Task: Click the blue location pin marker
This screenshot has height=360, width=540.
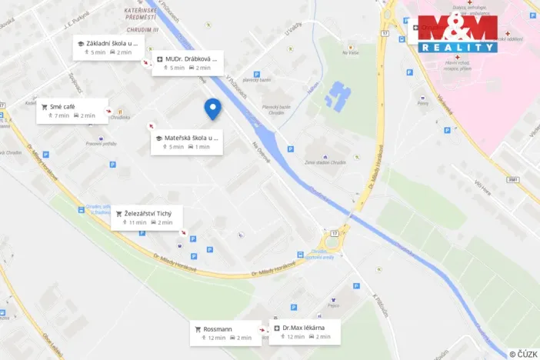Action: click(x=212, y=109)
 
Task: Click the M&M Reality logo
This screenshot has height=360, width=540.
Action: click(x=458, y=33)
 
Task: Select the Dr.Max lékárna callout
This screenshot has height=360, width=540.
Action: click(x=305, y=332)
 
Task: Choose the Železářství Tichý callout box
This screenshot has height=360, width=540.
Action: click(x=147, y=218)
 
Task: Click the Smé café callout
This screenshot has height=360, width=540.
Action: click(x=72, y=112)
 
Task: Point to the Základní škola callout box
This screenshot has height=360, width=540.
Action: click(x=106, y=48)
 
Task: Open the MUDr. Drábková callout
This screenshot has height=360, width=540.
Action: click(x=188, y=63)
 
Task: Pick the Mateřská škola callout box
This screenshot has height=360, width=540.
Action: click(x=186, y=142)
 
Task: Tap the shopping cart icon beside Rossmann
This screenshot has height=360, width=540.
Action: click(x=198, y=328)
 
